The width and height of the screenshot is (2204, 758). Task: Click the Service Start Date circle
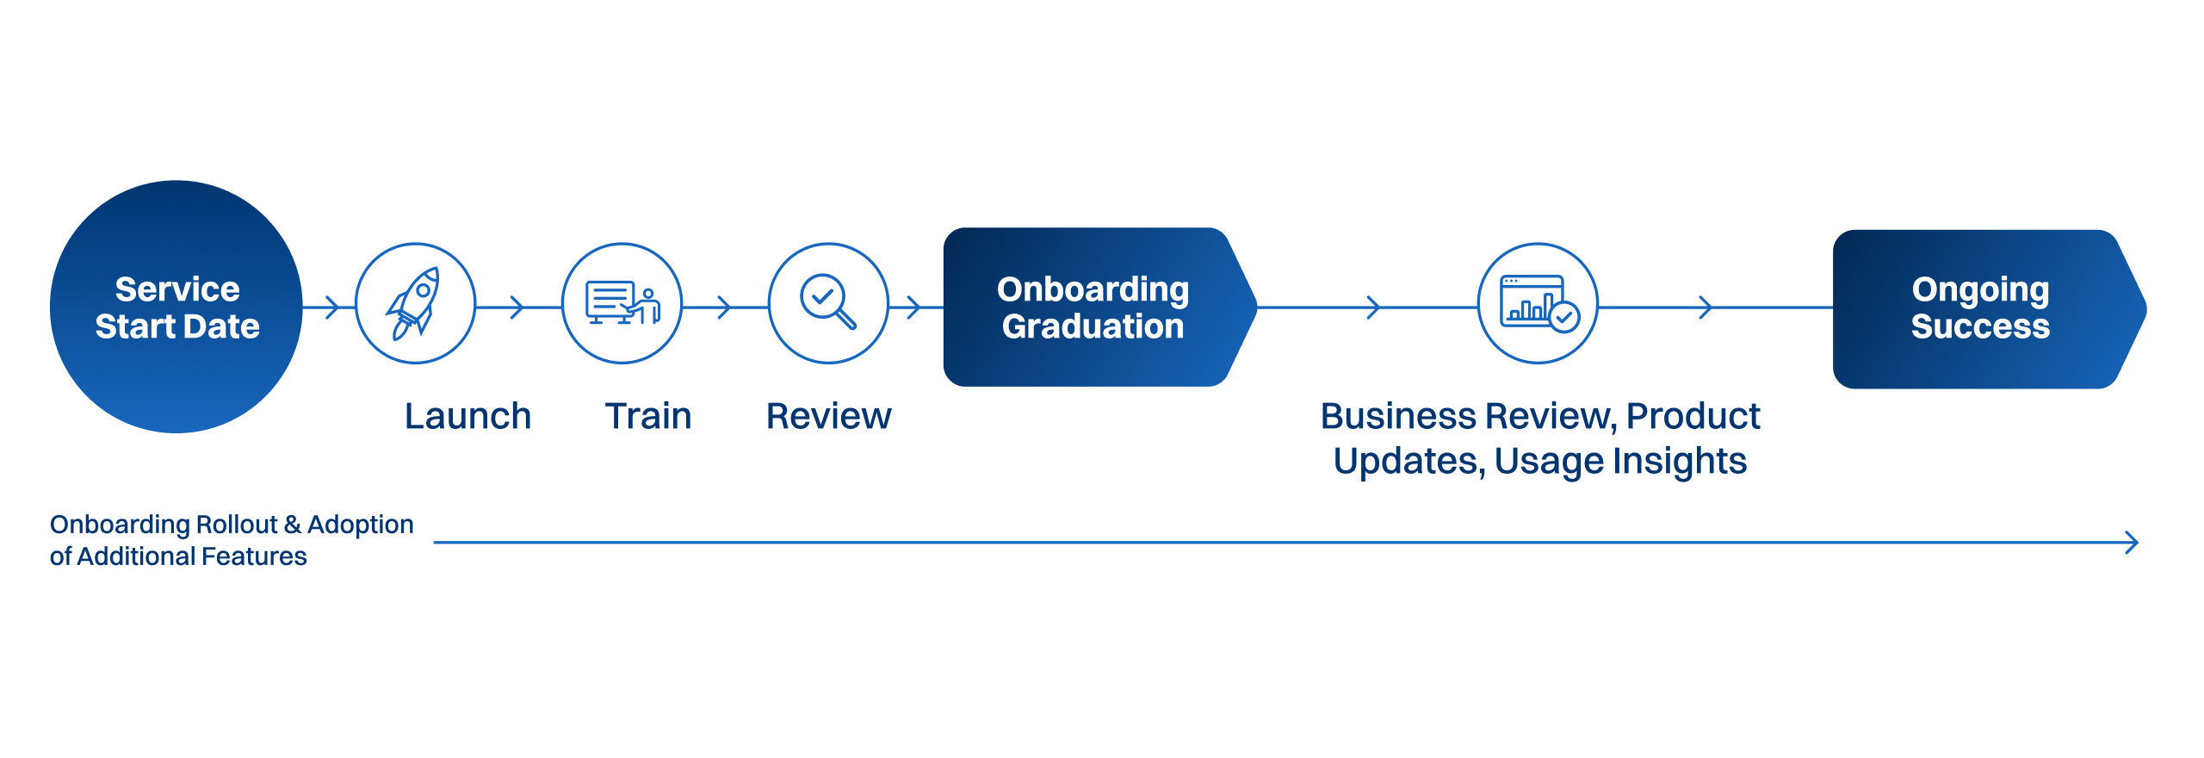176,307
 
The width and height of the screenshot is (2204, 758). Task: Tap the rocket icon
415,303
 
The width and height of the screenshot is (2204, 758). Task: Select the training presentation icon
622,303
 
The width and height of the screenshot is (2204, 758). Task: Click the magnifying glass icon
827,302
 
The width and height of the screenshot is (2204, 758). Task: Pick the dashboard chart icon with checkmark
1538,303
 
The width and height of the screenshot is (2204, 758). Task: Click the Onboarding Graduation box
1093,308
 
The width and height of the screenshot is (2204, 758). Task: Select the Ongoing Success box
1980,308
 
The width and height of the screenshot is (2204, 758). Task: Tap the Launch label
467,416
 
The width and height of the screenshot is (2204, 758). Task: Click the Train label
648,416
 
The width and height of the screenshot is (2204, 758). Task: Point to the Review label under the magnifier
828,416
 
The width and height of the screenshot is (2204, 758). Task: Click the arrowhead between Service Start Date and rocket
332,307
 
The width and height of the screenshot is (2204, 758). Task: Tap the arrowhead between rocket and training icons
517,307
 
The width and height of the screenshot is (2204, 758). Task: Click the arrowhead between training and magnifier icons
725,307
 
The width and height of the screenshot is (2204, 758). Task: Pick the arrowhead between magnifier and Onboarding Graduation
914,307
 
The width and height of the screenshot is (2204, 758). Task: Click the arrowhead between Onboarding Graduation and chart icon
1374,307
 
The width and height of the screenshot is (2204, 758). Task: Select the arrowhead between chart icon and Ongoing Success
1706,307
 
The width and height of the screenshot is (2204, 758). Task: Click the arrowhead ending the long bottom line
2132,543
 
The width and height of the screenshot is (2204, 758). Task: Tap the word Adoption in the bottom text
360,525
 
